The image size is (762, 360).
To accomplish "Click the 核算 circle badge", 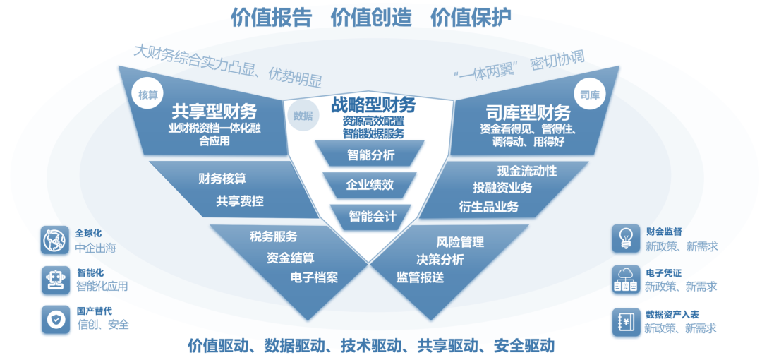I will pos(148,95).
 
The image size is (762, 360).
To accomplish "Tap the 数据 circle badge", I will pos(303,116).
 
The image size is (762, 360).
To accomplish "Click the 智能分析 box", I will pos(370,155).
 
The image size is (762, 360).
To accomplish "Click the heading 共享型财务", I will pos(214,112).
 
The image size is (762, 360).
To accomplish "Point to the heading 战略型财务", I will pos(373,105).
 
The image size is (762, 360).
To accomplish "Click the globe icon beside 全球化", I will pos(54,240).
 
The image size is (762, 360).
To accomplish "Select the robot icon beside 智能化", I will pos(54,280).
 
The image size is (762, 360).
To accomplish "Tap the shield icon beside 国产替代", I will pos(54,319).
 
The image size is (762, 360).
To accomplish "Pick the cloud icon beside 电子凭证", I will pos(625,280).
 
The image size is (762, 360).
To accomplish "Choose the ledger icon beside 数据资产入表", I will pos(625,320).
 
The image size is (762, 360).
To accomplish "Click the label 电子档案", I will pos(314,277).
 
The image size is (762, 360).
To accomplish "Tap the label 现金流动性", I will pos(527,171).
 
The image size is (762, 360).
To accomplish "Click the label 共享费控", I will pos(240,201).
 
